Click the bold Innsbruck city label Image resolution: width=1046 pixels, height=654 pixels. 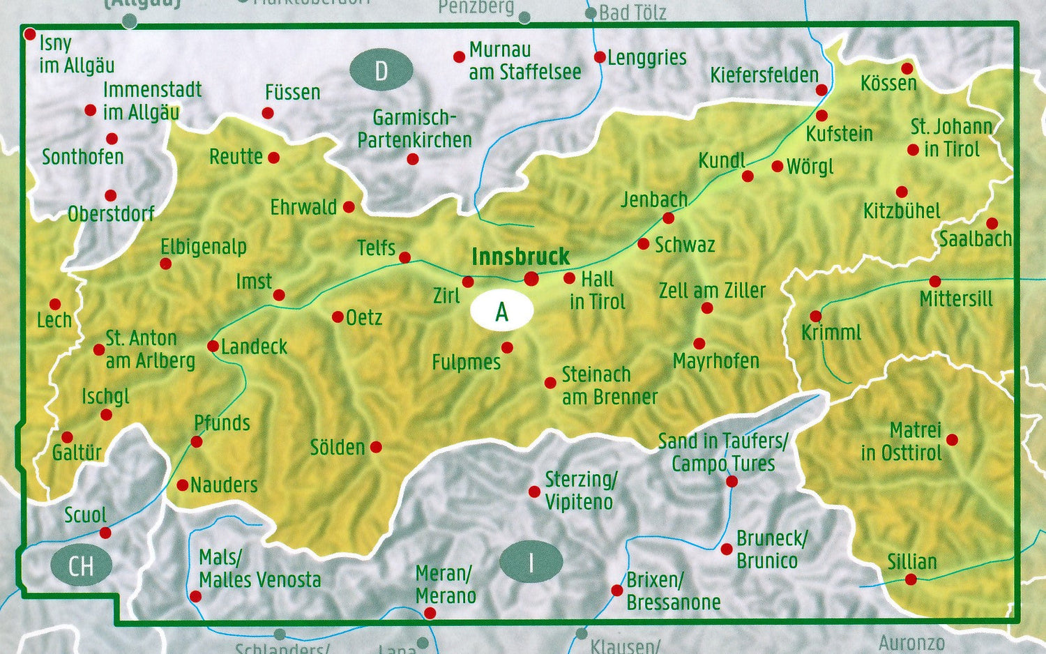pyautogui.click(x=520, y=257)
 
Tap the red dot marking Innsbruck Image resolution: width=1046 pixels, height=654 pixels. pyautogui.click(x=531, y=279)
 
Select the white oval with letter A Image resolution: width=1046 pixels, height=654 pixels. pyautogui.click(x=501, y=312)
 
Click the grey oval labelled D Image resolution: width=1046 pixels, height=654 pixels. pyautogui.click(x=381, y=71)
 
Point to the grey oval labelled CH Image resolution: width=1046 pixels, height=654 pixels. pyautogui.click(x=81, y=565)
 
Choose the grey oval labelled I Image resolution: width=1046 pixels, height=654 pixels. pyautogui.click(x=531, y=562)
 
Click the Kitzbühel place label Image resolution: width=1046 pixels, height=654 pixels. pyautogui.click(x=902, y=211)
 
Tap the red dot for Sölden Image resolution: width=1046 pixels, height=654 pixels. pyautogui.click(x=376, y=447)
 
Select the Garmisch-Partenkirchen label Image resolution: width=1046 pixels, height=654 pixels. pyautogui.click(x=414, y=129)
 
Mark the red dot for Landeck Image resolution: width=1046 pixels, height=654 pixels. pyautogui.click(x=213, y=347)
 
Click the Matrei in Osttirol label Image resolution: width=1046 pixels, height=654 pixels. pyautogui.click(x=902, y=441)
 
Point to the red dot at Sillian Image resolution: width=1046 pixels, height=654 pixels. pyautogui.click(x=911, y=579)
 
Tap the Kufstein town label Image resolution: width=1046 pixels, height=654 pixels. pyautogui.click(x=839, y=134)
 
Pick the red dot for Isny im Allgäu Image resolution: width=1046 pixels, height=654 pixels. pyautogui.click(x=30, y=34)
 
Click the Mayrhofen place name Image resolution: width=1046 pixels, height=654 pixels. pyautogui.click(x=715, y=361)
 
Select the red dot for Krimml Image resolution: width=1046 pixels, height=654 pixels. pyautogui.click(x=815, y=317)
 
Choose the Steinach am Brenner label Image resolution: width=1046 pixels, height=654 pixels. pyautogui.click(x=609, y=386)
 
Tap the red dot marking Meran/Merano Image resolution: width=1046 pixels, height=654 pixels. pyautogui.click(x=430, y=613)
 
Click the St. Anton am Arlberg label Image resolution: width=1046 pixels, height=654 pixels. pyautogui.click(x=150, y=349)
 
